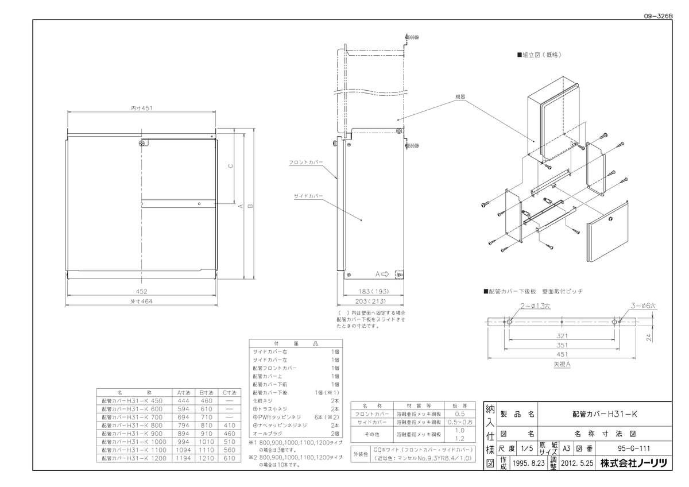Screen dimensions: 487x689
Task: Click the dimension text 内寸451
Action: click(141, 107)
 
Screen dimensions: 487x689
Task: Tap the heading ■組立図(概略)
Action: click(538, 55)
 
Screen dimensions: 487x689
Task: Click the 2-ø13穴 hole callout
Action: click(536, 307)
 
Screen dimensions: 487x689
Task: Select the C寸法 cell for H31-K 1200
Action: click(229, 458)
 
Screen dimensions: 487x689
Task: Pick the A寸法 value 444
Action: click(183, 400)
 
